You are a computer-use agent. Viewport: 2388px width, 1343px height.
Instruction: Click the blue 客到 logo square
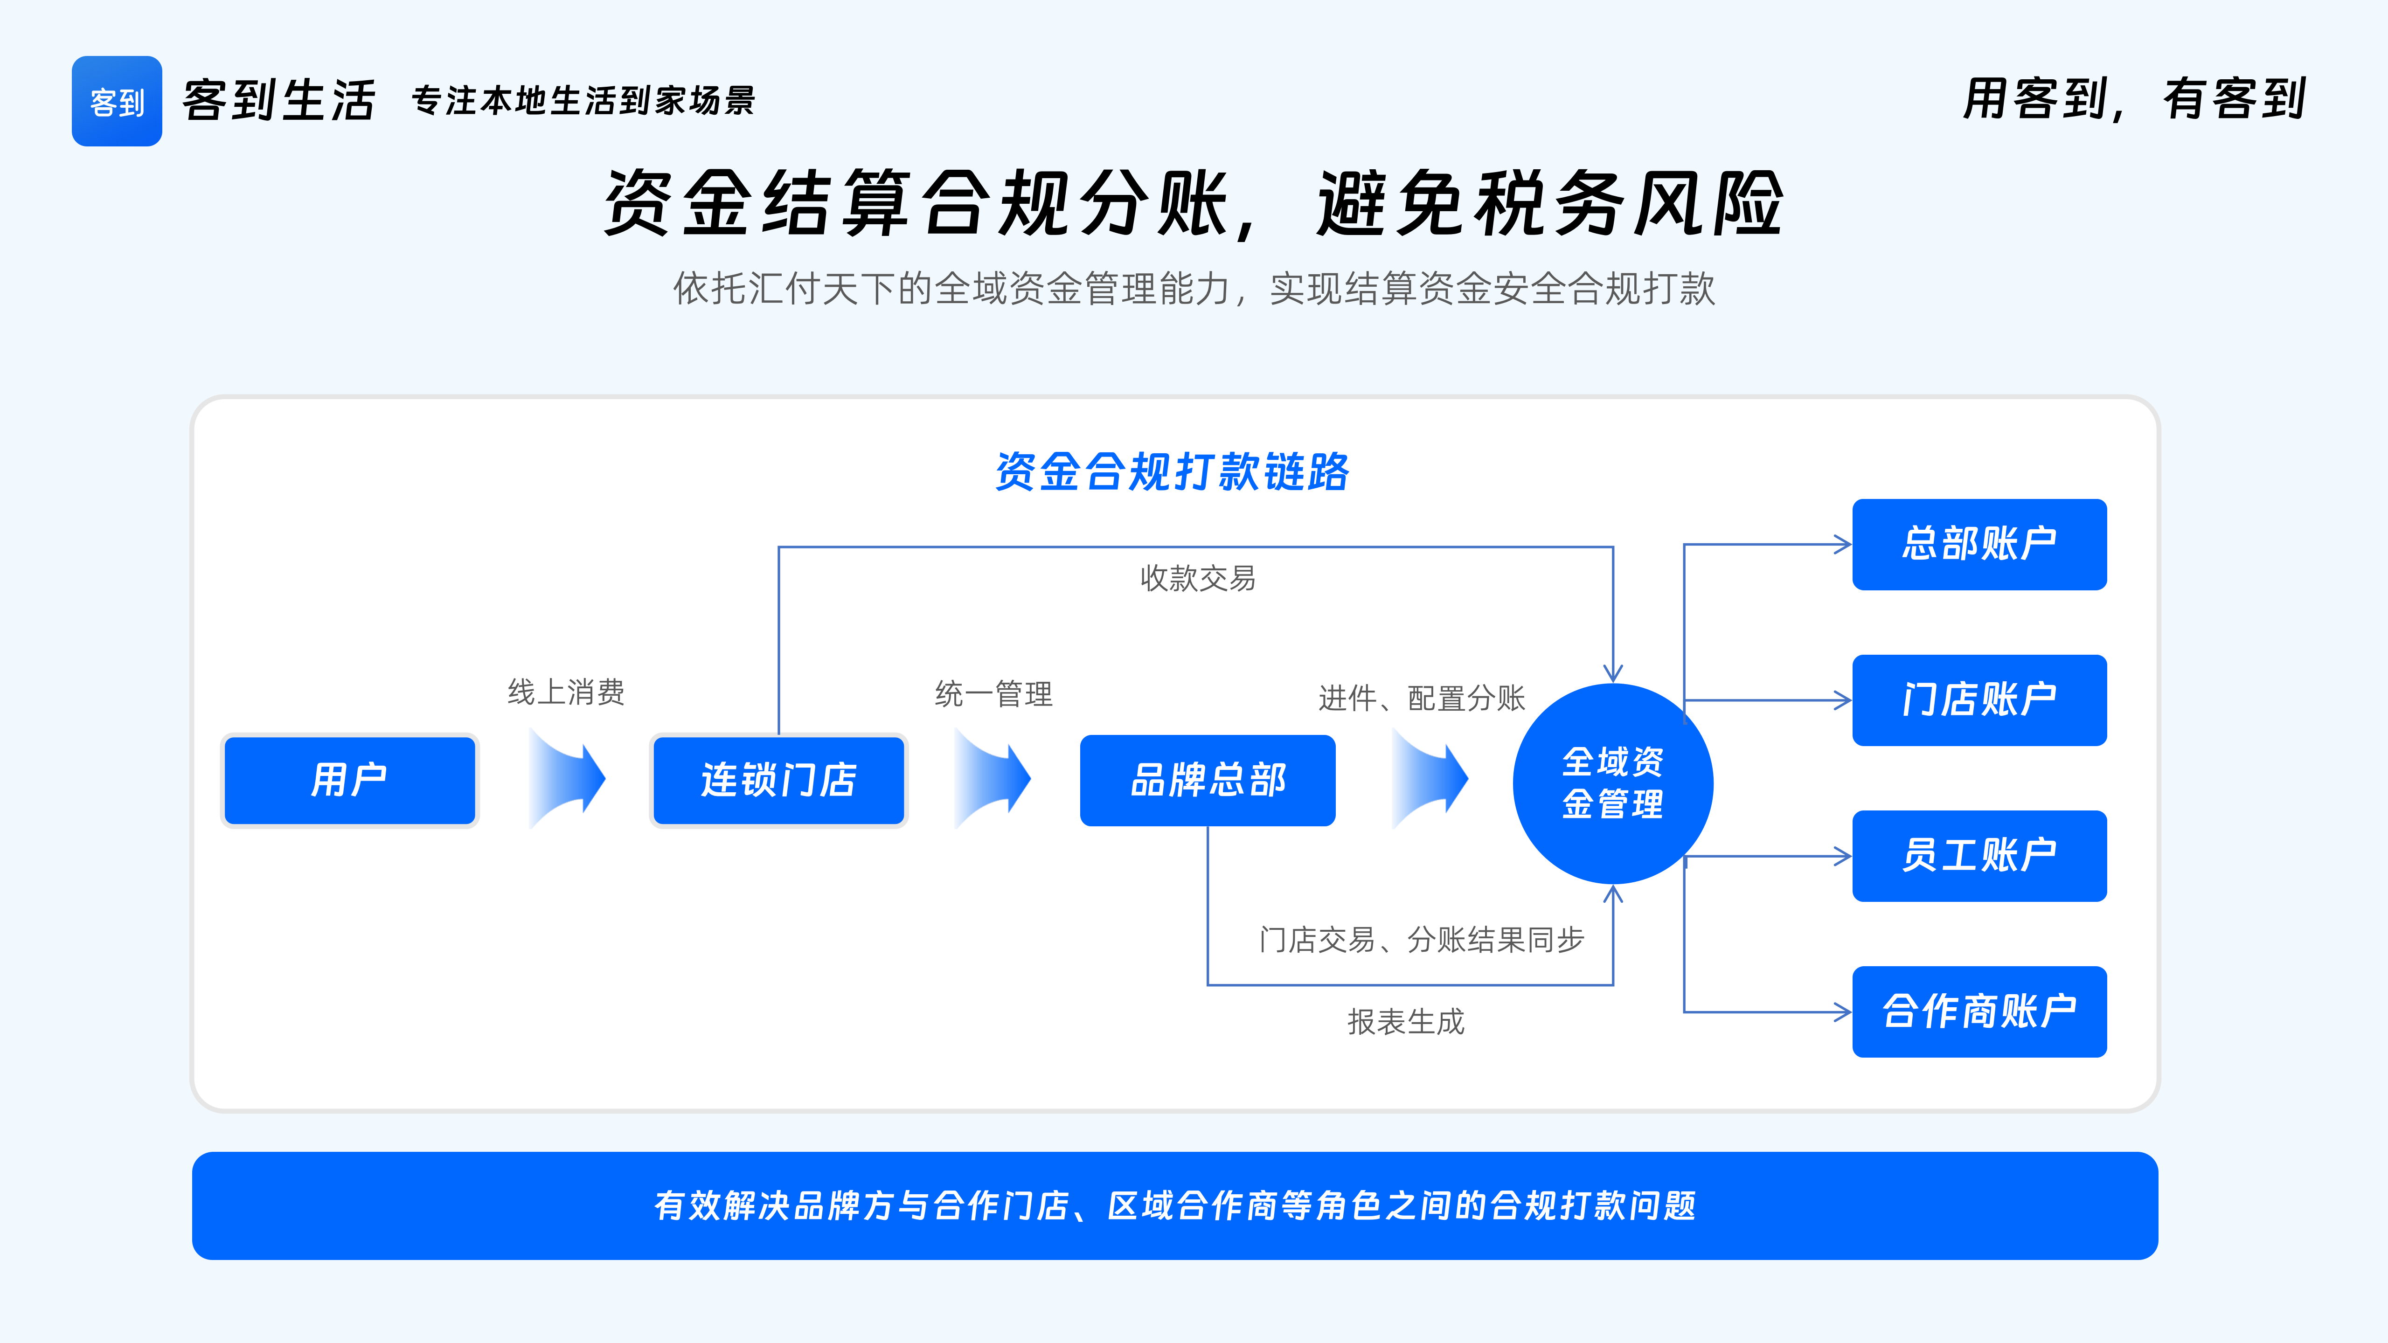click(x=117, y=101)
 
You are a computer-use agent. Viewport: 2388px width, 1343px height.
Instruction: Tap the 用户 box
click(x=349, y=780)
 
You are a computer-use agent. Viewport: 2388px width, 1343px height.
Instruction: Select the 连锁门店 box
click(x=779, y=780)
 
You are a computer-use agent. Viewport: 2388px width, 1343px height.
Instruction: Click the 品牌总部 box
click(x=1207, y=780)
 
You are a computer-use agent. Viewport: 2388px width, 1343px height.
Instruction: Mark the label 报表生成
click(x=1405, y=1021)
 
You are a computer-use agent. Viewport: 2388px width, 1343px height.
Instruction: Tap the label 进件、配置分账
click(x=1421, y=698)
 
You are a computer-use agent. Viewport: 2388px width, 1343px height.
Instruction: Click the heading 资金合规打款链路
click(x=1172, y=472)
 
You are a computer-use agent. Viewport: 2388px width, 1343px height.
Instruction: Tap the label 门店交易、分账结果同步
click(x=1421, y=940)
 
